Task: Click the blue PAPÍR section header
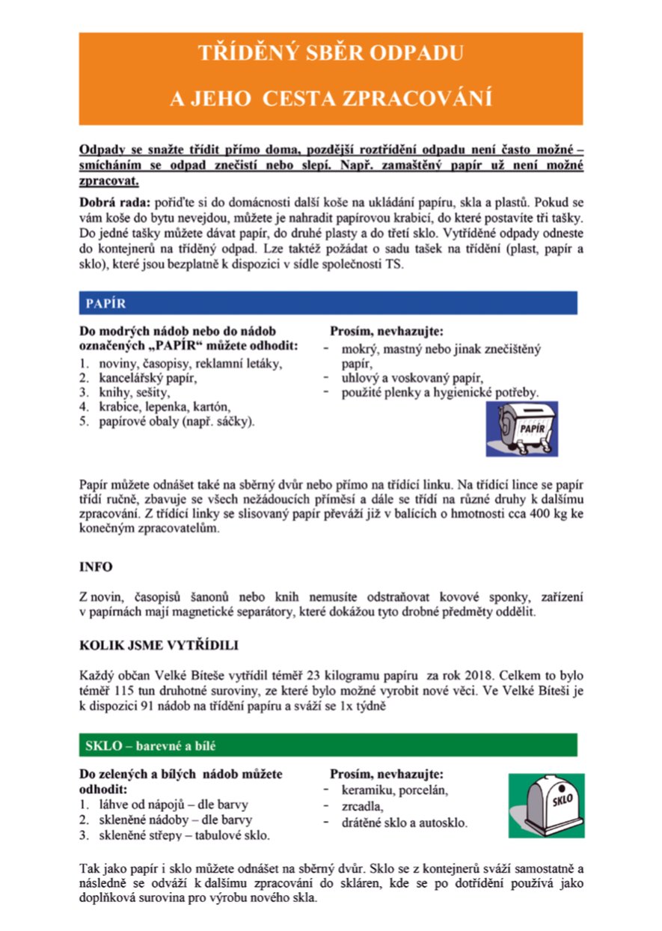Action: click(330, 303)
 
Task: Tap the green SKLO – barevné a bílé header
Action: click(328, 745)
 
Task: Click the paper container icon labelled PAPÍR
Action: click(521, 429)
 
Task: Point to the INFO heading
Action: click(96, 567)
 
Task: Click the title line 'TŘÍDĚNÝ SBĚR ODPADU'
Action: click(331, 54)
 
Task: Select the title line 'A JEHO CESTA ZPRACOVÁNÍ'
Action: click(331, 100)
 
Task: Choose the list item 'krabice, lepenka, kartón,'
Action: click(164, 407)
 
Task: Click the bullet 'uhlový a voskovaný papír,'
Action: click(413, 377)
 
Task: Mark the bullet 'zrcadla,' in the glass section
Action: click(362, 807)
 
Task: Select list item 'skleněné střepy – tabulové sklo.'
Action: click(185, 834)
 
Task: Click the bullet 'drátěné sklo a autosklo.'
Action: click(404, 823)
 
